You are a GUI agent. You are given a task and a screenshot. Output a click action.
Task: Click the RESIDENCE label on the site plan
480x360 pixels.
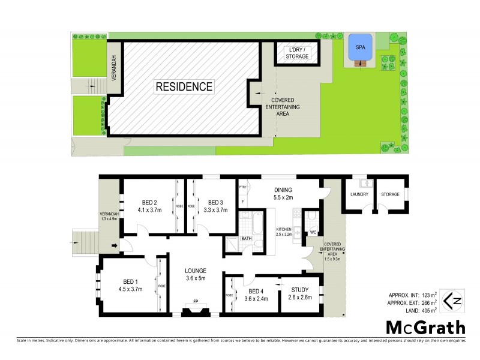pos(184,86)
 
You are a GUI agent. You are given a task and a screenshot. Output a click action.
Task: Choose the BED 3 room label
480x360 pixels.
pos(211,202)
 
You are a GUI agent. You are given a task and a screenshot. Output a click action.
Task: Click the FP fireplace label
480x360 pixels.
pos(194,302)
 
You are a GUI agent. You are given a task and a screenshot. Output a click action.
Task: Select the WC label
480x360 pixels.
pos(313,233)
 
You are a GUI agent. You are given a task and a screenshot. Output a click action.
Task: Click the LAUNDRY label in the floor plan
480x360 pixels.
pos(356,194)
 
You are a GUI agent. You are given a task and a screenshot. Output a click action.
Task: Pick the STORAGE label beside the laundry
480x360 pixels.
pos(391,194)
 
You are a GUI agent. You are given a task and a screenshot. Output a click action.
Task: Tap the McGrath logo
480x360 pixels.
pos(424,327)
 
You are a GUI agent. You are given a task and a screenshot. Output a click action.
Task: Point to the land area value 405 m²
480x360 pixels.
pos(427,311)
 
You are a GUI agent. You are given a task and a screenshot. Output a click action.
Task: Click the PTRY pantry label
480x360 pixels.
pos(243,187)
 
